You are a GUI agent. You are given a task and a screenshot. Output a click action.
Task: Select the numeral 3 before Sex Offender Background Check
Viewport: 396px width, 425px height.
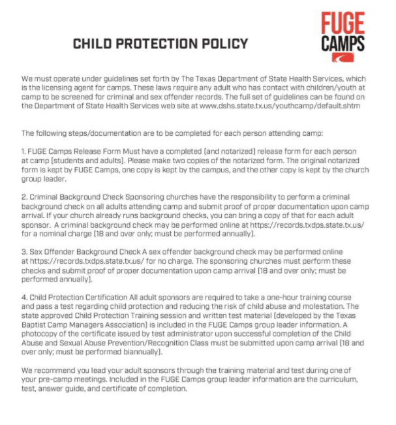[23, 252]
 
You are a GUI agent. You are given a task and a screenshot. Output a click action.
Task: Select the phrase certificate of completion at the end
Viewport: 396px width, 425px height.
[147, 388]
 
